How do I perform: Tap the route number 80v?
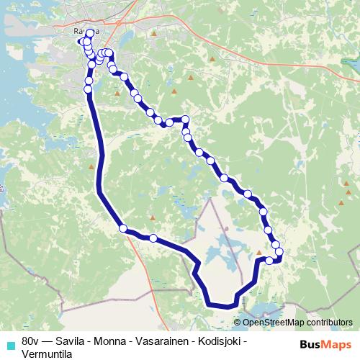tap(30, 338)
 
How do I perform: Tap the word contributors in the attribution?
tap(329, 323)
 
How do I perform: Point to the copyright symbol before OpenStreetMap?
tap(237, 323)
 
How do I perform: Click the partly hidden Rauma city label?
tap(81, 32)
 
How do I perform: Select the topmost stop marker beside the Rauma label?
tap(90, 33)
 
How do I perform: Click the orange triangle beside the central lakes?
tap(259, 253)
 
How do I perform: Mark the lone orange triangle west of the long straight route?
tap(91, 167)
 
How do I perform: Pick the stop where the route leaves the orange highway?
tap(123, 228)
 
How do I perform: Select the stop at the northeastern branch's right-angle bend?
tap(185, 120)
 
